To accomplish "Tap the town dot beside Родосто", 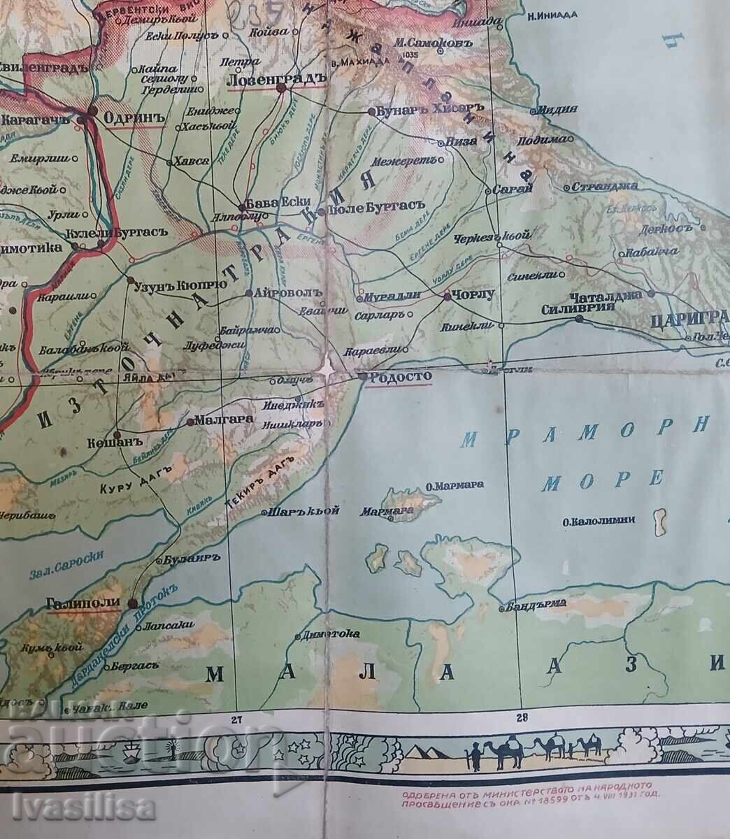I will coord(361,376).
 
